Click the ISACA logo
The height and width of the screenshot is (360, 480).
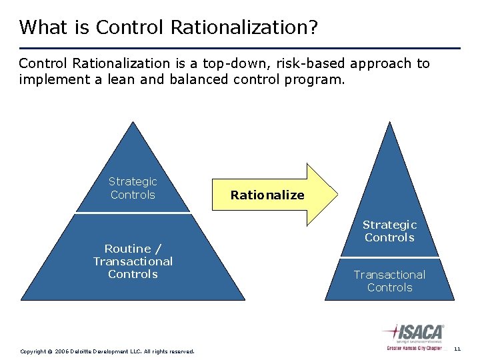(x=413, y=333)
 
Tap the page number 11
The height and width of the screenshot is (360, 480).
(x=457, y=349)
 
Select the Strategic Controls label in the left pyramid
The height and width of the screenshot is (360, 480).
(x=133, y=188)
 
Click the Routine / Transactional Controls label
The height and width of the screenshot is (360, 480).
(x=133, y=261)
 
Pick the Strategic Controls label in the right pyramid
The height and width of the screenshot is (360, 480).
(x=389, y=231)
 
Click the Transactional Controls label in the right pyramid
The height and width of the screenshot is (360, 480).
(x=389, y=281)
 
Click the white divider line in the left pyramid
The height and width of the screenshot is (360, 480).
(x=133, y=213)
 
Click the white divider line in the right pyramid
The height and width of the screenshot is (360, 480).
(x=389, y=257)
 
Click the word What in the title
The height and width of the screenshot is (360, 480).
(x=43, y=27)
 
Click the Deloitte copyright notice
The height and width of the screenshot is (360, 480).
(x=107, y=351)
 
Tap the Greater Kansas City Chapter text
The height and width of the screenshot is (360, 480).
(x=413, y=348)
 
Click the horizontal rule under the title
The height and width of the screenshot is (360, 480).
(x=239, y=48)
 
